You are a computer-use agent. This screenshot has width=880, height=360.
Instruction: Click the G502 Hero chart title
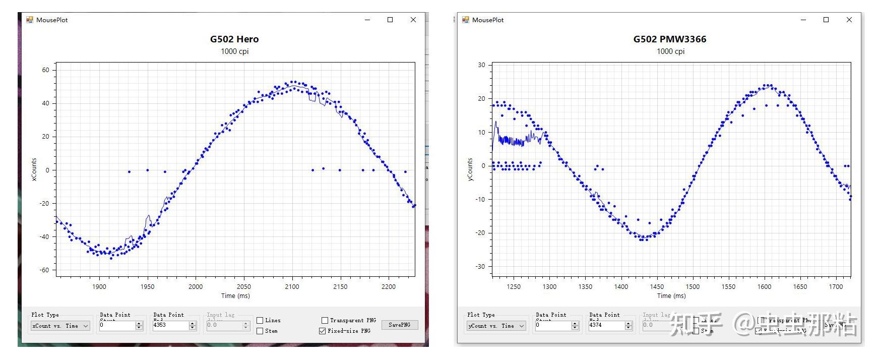234,39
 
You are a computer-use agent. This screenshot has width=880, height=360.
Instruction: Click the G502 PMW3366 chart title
669,39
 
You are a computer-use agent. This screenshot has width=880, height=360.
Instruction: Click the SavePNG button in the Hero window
399,325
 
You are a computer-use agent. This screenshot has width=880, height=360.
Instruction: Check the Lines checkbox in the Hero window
260,320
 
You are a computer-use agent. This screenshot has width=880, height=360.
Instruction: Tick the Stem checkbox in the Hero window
260,331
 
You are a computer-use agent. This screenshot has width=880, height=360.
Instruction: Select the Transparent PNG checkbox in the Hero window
325,320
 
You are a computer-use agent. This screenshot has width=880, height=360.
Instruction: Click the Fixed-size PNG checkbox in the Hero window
323,331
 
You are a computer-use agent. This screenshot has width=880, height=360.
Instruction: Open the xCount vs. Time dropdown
60,326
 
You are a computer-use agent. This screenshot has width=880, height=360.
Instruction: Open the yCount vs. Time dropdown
496,326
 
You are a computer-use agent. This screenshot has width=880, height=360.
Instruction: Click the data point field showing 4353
170,325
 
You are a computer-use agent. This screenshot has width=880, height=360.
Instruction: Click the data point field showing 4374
606,325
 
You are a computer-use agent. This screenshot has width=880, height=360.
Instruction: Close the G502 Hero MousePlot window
413,20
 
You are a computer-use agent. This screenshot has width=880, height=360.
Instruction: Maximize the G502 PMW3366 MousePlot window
826,20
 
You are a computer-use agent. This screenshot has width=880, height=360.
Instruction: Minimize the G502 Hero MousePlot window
367,20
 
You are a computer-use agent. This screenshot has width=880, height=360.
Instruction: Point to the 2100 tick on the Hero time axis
292,286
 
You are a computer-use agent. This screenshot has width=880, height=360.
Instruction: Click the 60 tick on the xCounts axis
46,70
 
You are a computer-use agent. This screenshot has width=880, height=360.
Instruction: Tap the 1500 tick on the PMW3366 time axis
693,286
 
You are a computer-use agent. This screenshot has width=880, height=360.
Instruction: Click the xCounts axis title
34,169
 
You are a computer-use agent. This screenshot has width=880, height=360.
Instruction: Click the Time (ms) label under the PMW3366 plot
671,296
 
